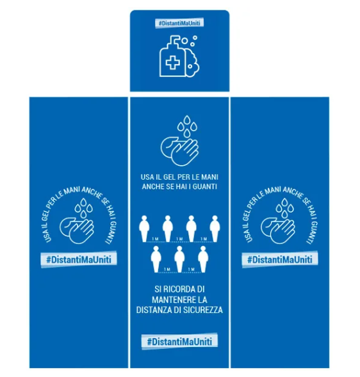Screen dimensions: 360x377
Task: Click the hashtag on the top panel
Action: [x=179, y=23]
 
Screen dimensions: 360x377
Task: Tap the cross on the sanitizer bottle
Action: [x=172, y=63]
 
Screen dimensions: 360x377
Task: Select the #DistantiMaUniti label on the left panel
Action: [x=79, y=259]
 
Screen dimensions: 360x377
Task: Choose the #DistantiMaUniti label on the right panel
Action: [x=280, y=259]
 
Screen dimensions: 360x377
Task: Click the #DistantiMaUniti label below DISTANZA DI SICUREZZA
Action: [x=179, y=341]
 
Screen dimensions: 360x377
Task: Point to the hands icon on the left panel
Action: [x=76, y=230]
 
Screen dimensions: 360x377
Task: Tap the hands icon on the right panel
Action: [x=278, y=230]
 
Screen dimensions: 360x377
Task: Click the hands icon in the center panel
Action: [x=179, y=152]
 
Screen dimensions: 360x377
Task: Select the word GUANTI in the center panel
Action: [x=205, y=186]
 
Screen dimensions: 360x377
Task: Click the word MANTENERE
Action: [x=168, y=300]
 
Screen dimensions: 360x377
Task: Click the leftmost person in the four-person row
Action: [x=144, y=229]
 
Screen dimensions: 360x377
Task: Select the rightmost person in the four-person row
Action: [x=215, y=229]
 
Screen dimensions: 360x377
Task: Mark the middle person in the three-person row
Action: [x=179, y=259]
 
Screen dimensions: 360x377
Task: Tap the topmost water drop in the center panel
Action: [x=187, y=120]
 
